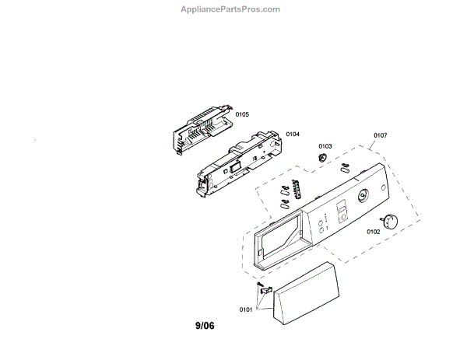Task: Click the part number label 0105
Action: (242, 114)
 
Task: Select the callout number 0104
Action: (293, 135)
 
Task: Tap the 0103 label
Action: (325, 146)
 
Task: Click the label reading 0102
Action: (374, 232)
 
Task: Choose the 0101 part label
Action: (246, 309)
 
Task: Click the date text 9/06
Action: (205, 327)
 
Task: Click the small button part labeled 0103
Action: (321, 158)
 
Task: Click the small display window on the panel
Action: (341, 210)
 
